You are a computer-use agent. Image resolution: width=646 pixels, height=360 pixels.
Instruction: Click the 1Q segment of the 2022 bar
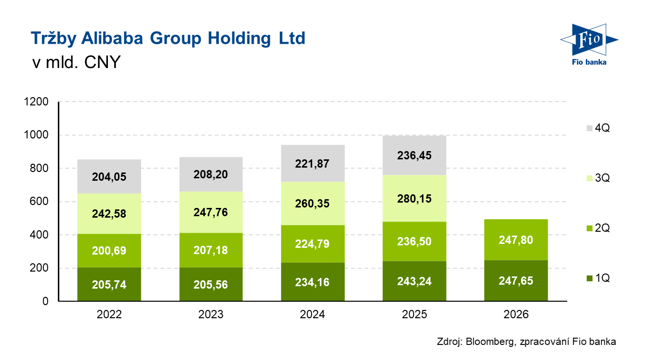109,285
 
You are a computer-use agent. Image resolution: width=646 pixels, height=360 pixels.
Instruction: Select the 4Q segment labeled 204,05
109,177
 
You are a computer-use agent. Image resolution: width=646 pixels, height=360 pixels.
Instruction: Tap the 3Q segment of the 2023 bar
211,212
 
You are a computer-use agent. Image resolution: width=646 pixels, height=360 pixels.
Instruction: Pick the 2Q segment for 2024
313,243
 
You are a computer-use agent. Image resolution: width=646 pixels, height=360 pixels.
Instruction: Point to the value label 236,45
415,155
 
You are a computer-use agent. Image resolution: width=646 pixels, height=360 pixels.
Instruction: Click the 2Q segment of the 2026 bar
516,240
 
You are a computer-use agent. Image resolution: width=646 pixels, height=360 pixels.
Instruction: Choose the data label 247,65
516,281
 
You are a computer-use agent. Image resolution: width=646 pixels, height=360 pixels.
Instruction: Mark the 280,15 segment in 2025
415,199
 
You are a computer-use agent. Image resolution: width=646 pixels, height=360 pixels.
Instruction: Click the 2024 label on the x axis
313,314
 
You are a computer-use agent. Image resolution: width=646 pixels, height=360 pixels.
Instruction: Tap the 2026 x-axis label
516,314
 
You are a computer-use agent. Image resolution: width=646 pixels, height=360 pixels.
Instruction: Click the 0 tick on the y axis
46,301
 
